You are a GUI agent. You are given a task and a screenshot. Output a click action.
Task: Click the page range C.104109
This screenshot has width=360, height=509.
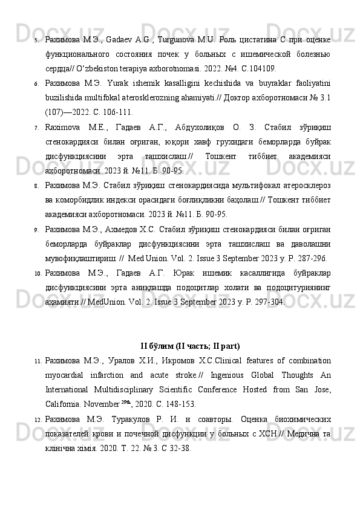click(x=259, y=68)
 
